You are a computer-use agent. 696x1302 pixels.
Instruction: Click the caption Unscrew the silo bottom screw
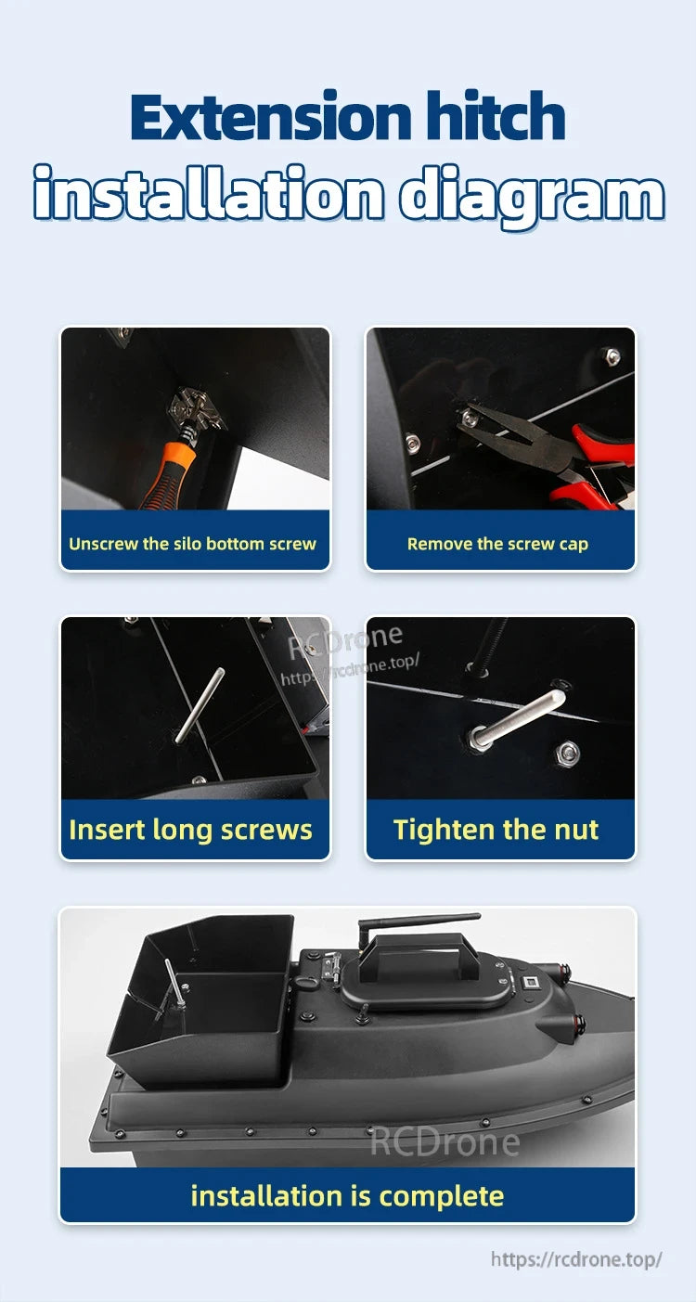192,544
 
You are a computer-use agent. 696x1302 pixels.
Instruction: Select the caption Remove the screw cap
497,544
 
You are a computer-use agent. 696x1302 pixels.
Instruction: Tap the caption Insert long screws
190,829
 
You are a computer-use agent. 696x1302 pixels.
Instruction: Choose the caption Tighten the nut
496,829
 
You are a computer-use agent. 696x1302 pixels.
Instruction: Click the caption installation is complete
347,1195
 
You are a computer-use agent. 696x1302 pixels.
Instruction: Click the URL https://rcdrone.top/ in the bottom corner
575,1259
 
